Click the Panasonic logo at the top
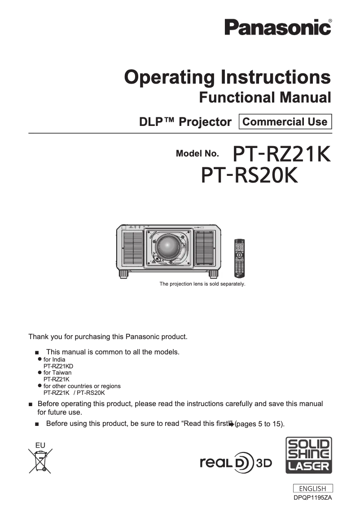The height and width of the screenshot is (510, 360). (x=278, y=28)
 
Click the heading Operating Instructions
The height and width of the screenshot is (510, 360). (x=228, y=77)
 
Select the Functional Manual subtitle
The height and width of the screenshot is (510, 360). (x=265, y=97)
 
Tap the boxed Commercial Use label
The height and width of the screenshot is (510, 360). (x=285, y=121)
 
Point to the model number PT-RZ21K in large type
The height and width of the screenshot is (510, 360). (x=282, y=154)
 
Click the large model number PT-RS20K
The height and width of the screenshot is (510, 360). (x=250, y=175)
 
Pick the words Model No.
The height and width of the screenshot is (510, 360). (x=198, y=154)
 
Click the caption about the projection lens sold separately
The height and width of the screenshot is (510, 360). (x=202, y=284)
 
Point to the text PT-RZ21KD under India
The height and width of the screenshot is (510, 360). (x=58, y=366)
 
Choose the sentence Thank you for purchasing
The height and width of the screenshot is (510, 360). (x=108, y=336)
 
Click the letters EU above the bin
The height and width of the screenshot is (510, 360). (x=40, y=446)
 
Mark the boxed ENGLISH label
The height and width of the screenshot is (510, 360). (x=313, y=488)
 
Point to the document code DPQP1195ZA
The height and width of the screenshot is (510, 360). (x=313, y=498)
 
